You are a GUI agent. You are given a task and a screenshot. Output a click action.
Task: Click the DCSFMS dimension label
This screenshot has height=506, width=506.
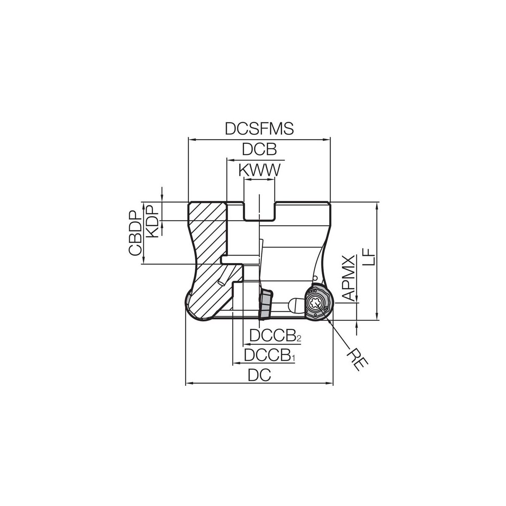pos(259,129)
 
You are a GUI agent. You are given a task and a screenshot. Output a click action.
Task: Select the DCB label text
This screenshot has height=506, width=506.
pos(259,149)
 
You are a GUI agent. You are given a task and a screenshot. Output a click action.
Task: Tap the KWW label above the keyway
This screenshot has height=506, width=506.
pos(259,170)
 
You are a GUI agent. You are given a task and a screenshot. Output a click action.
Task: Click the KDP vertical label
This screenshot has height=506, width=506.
pos(152,221)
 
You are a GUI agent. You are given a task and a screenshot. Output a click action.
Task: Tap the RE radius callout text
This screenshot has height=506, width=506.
pos(357,359)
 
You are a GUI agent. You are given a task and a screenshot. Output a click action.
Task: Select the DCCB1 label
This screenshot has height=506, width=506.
pos(270,355)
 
